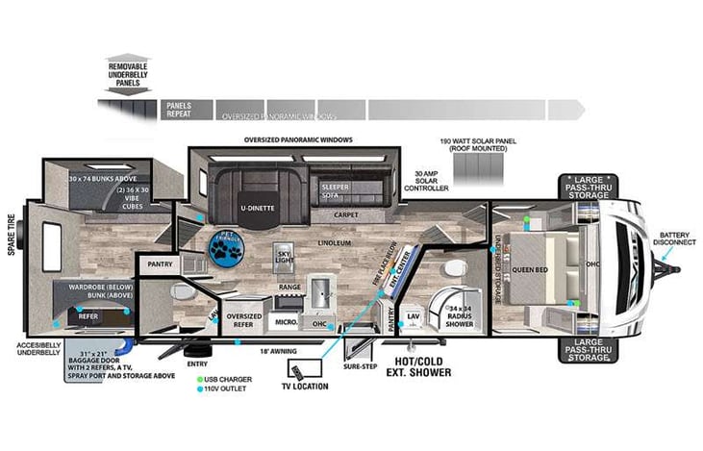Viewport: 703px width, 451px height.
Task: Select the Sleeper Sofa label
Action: point(337,190)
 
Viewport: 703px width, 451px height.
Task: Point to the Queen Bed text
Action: point(530,269)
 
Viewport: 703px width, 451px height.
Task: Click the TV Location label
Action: point(305,387)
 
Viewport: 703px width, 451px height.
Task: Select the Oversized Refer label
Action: point(244,319)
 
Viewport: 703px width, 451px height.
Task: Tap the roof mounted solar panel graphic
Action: point(477,170)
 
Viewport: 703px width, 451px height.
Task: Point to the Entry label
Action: point(197,363)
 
